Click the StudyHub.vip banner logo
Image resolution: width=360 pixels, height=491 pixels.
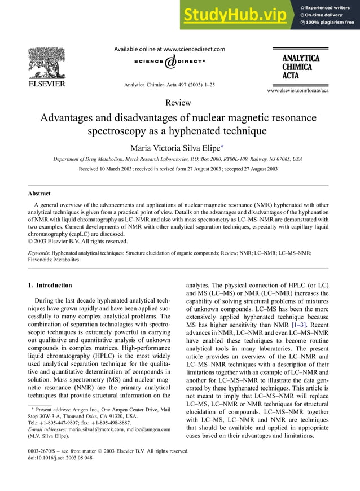point(236,15)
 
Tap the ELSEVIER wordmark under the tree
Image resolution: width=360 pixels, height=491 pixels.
point(47,85)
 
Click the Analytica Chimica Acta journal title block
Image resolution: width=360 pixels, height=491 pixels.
point(301,67)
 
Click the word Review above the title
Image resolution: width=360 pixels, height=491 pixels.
point(178,103)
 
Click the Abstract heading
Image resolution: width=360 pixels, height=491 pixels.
point(39,193)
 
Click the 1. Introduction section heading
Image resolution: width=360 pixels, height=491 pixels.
point(50,285)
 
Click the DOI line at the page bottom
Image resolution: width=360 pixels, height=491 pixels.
point(60,458)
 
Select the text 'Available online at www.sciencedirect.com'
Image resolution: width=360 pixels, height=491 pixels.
point(169,49)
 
